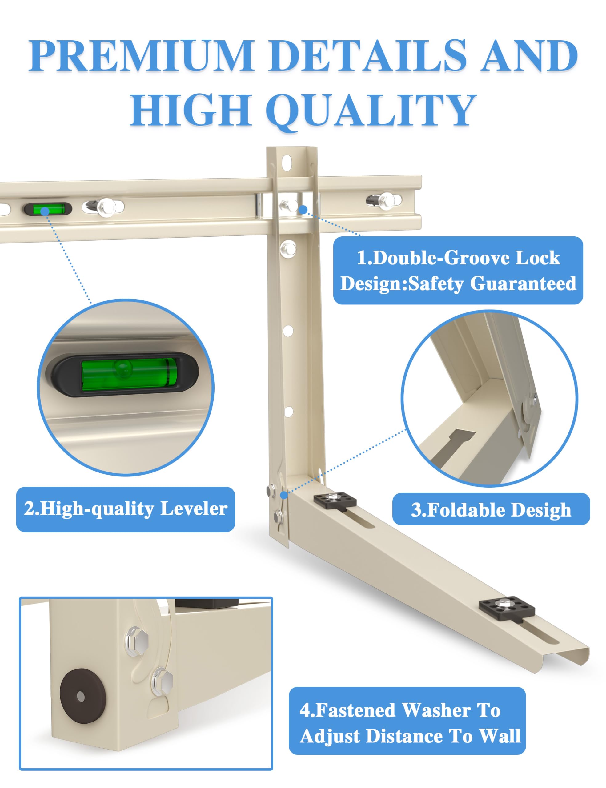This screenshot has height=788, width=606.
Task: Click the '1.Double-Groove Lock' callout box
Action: point(458,270)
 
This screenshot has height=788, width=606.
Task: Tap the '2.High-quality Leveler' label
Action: point(126,509)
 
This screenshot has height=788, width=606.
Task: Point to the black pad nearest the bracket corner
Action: point(335,501)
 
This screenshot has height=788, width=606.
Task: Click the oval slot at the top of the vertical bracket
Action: point(287,163)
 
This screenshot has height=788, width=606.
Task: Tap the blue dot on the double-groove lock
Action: point(303,209)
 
